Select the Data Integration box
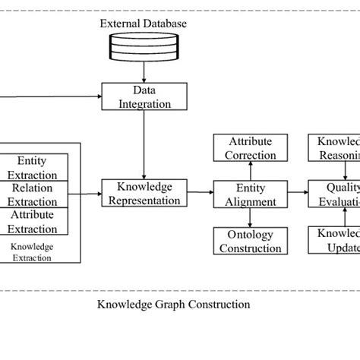(144, 96)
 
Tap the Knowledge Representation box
(144, 194)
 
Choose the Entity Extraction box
(32, 166)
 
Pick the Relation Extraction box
(32, 194)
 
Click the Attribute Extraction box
(32, 221)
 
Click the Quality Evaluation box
(334, 194)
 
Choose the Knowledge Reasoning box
(334, 148)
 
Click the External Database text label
(144, 24)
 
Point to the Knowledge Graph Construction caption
(174, 305)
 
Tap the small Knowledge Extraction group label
(32, 252)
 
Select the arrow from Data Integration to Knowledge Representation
(144, 144)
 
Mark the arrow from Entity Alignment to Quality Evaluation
(298, 194)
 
